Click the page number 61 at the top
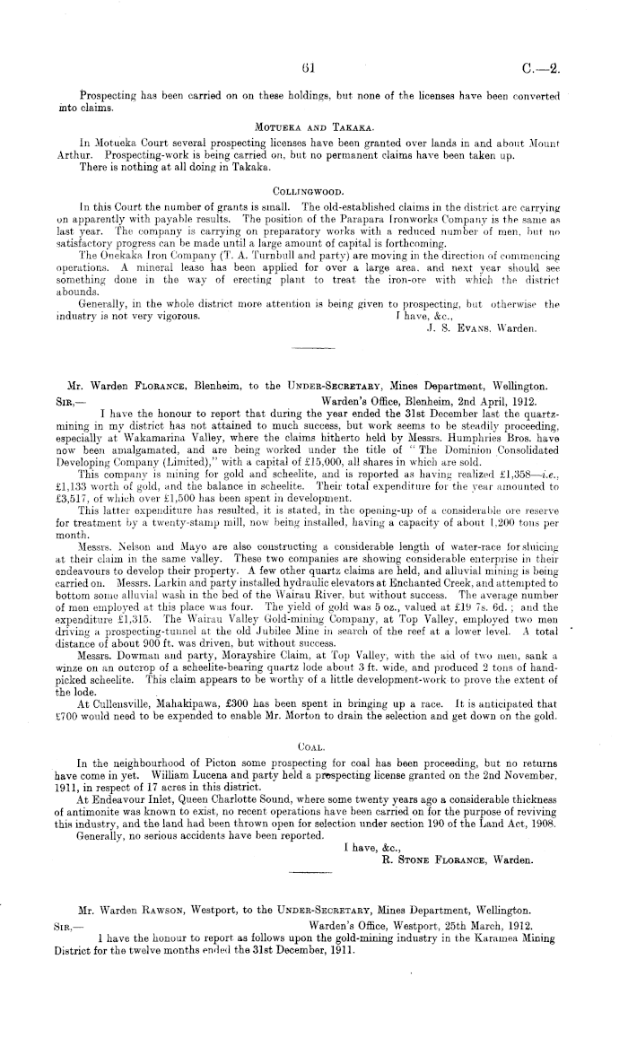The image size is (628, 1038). click(x=309, y=65)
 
